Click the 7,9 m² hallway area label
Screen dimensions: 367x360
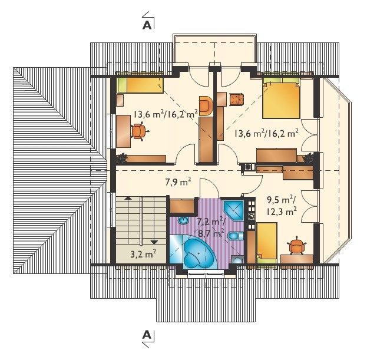[178, 181]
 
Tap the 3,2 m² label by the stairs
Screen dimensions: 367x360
[143, 254]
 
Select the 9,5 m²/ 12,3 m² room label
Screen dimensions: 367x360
[282, 206]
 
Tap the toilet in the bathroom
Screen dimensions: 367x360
[235, 236]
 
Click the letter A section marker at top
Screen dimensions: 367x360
[147, 25]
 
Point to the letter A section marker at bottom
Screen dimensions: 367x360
[147, 335]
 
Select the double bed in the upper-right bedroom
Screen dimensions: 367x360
[281, 98]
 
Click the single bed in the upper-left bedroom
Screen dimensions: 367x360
[140, 85]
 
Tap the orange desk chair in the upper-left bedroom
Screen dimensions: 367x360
[140, 131]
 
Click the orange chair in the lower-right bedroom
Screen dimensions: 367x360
[297, 245]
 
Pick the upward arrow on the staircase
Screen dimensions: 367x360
[128, 198]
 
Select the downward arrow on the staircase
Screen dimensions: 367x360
[154, 242]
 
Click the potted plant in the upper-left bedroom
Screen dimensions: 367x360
[122, 158]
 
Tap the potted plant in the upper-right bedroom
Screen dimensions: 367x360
[308, 157]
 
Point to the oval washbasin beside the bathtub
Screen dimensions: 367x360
[184, 220]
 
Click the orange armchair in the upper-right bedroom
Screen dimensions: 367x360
[236, 99]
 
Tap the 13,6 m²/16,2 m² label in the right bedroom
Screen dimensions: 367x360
[266, 133]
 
